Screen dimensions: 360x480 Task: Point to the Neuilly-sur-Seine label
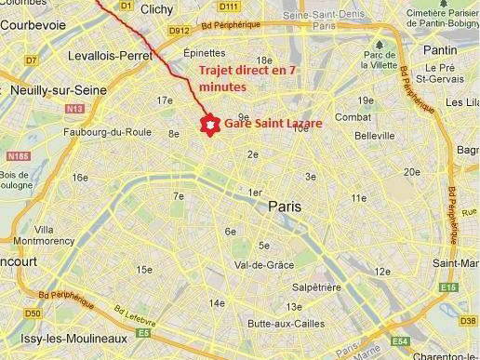pos(53,90)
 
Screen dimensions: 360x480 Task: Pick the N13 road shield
pos(73,110)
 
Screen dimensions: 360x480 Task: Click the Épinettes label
pos(205,54)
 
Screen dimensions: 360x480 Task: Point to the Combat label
pos(353,117)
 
